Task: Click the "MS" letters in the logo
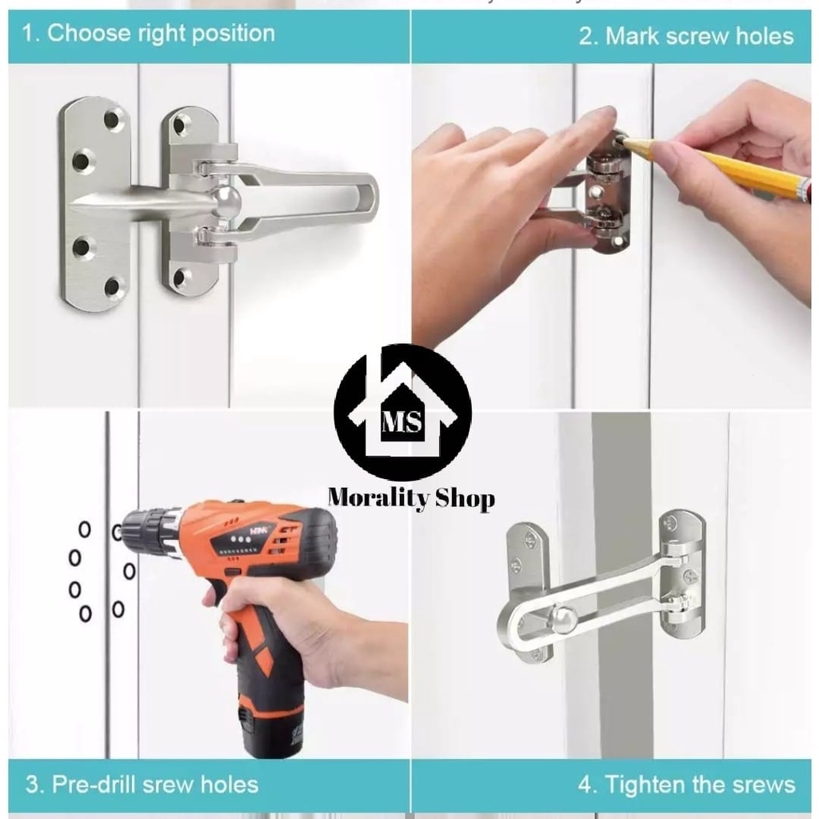tap(402, 421)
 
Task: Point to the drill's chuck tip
tap(122, 531)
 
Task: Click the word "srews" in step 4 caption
tap(761, 785)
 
